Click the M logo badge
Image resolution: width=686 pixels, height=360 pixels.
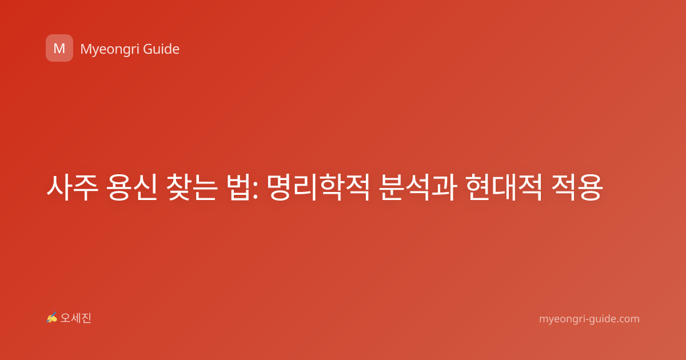59,48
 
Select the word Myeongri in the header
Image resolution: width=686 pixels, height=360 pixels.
110,50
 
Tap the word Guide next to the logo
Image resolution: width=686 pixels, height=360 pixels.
161,49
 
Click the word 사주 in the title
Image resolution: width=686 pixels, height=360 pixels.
73,187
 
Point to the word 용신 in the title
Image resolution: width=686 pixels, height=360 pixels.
131,187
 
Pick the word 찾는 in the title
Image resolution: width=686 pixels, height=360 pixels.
191,187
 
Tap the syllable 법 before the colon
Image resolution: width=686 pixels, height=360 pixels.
238,187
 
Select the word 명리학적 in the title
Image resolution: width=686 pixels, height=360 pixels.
318,187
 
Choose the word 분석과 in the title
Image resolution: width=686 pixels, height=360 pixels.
418,187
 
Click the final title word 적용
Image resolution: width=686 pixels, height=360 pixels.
577,187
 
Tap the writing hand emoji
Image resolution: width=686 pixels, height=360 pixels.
52,318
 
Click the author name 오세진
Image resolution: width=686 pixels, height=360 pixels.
75,318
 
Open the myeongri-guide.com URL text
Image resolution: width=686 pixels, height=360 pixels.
589,319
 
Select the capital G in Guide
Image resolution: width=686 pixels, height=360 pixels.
147,49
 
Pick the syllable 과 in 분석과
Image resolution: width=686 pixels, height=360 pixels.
444,187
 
